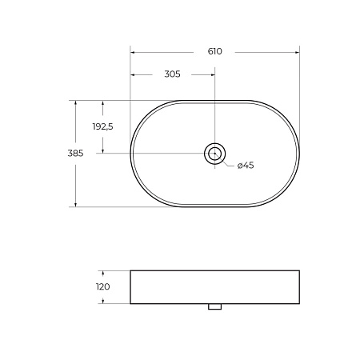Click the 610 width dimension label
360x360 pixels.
pos(214,51)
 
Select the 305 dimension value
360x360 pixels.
pos(172,74)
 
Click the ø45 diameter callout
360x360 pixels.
pos(245,166)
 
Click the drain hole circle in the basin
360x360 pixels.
pos(215,153)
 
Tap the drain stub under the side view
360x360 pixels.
pos(215,307)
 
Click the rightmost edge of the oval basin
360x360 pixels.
pos(299,153)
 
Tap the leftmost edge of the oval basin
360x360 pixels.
pos(130,153)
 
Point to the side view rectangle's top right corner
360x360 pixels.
pos(299,270)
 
